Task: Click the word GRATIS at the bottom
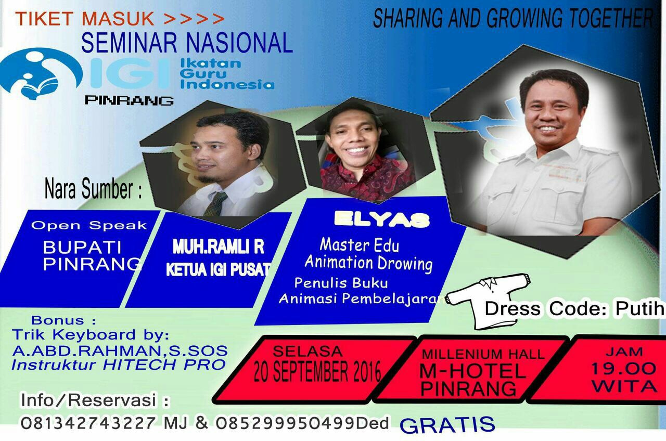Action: tap(447, 425)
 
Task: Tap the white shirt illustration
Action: tap(488, 300)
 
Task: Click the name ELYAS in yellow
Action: tap(382, 220)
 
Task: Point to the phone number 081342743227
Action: tap(88, 423)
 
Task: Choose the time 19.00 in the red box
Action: tap(623, 369)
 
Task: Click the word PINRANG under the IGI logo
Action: tap(129, 100)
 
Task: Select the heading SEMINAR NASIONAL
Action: tap(187, 43)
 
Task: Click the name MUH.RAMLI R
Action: tap(218, 247)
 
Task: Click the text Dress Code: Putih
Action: tap(574, 309)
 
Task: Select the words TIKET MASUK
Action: tap(85, 18)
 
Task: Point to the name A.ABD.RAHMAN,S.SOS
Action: tap(120, 351)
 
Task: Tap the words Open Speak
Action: tap(89, 225)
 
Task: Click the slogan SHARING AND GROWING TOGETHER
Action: tap(513, 18)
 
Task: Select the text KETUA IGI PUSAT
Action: tap(218, 269)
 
